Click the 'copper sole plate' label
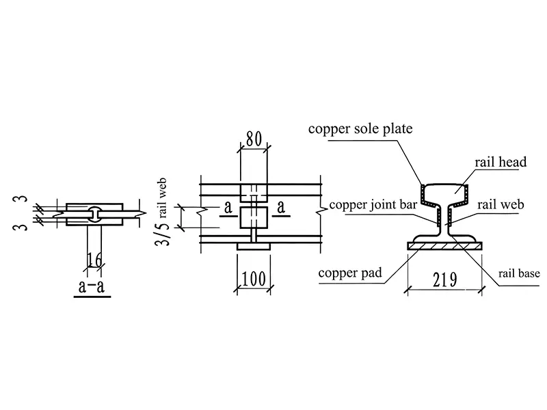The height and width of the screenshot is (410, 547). tap(360, 129)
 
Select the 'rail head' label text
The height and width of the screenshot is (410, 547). tap(501, 162)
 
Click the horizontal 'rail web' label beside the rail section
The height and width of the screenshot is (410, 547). tap(501, 204)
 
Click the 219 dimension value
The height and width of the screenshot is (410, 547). tap(445, 277)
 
